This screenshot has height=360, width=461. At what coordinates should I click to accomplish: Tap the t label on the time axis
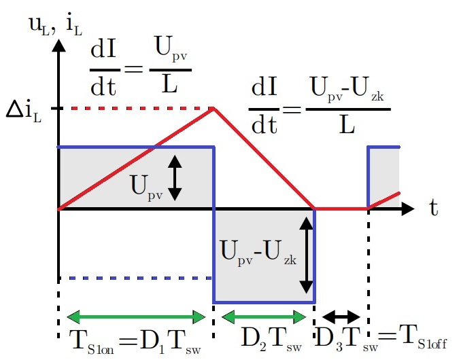433,209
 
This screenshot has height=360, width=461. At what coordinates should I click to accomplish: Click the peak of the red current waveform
214,107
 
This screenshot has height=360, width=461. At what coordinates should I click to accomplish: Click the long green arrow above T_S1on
136,316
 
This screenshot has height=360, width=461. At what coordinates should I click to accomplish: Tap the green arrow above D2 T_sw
264,316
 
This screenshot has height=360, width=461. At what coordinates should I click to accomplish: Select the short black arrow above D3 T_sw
340,316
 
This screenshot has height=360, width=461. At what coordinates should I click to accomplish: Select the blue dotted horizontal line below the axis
136,277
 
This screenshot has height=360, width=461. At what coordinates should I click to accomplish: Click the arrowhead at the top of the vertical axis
60,44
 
